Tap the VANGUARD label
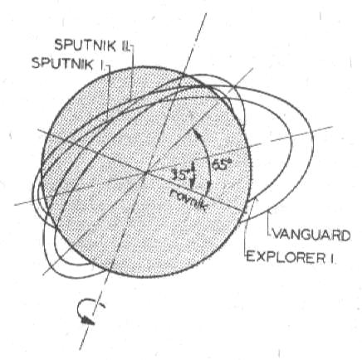tap(311, 236)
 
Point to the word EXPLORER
tap(285, 256)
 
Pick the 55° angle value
tap(222, 165)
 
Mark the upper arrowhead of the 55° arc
tap(196, 134)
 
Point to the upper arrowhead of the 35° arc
tap(192, 166)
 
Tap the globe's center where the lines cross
tap(146, 173)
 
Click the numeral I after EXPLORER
tap(330, 257)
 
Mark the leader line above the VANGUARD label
tap(269, 223)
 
